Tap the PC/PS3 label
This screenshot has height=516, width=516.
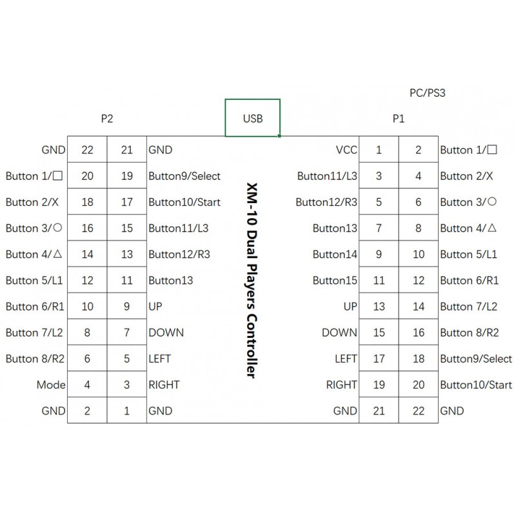(427, 93)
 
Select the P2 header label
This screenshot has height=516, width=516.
(107, 119)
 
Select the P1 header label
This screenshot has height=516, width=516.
(398, 119)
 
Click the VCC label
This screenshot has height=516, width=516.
(346, 150)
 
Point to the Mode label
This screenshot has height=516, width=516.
(51, 384)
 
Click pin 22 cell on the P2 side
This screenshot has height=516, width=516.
(87, 150)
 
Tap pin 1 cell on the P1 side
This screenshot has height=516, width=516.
(379, 150)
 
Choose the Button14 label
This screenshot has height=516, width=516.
(335, 254)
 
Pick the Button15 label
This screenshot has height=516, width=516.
(335, 281)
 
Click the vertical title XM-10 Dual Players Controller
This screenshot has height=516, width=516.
(252, 281)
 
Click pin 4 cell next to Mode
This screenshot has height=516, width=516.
(87, 384)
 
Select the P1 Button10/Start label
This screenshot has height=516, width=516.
(476, 384)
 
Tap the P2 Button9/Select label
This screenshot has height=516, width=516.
(184, 176)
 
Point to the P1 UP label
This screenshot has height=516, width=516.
(350, 306)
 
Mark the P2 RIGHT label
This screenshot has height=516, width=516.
(164, 384)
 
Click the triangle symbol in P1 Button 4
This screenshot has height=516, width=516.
(491, 228)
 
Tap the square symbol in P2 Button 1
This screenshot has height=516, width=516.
(57, 175)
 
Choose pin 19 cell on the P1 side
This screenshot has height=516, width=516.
(379, 384)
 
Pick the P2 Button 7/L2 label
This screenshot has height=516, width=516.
(34, 333)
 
